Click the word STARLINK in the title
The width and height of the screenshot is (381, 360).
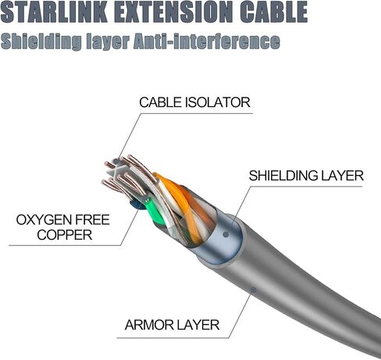coord(54,12)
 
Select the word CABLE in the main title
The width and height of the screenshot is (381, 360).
coord(274,12)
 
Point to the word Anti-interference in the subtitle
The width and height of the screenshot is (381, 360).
coord(207,41)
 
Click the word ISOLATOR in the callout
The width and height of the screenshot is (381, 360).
coord(218,102)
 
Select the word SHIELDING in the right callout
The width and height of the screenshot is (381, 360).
coord(283,176)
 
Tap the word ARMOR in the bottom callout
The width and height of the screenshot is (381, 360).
coord(149,325)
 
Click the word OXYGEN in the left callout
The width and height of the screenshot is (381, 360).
coord(41,220)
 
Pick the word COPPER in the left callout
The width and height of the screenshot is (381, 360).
coord(65,235)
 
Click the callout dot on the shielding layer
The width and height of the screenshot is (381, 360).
coord(226,234)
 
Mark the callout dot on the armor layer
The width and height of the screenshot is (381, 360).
coord(253,290)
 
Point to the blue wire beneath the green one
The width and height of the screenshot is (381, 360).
coord(135,205)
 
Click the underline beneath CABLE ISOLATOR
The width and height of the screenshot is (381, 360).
coord(197,113)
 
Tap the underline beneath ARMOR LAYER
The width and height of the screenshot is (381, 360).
coord(173,338)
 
